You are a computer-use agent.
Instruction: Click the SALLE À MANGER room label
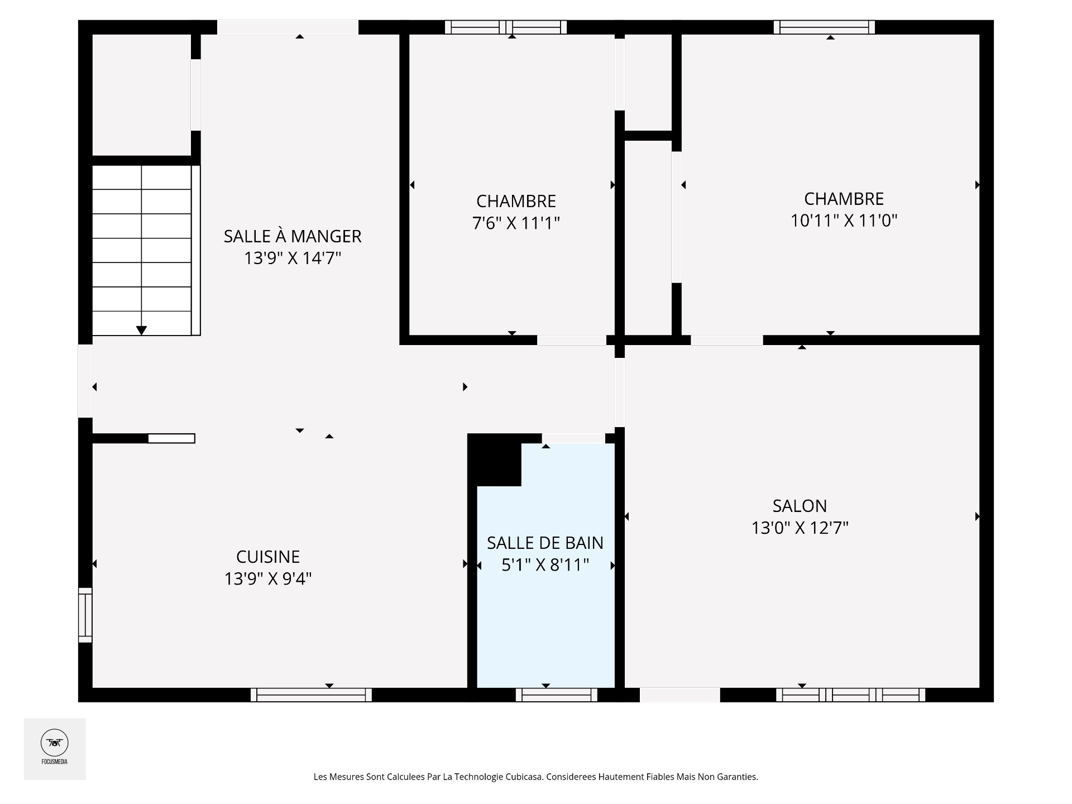click(x=293, y=236)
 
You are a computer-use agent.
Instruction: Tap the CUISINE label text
click(x=268, y=557)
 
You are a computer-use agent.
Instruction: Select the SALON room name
click(x=800, y=506)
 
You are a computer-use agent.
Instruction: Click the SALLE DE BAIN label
click(x=545, y=543)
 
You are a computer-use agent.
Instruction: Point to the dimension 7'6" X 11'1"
click(x=516, y=223)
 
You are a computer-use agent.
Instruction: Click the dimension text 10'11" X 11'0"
click(x=844, y=221)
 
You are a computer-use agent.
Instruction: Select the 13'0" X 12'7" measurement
click(x=800, y=528)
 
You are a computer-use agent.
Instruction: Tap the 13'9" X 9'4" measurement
click(x=268, y=579)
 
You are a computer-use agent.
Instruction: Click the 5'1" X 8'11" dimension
click(x=545, y=565)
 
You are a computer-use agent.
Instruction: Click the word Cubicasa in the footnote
click(x=524, y=777)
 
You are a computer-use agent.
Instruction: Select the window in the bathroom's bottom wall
click(x=557, y=695)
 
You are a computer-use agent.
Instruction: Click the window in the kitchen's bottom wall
click(x=311, y=695)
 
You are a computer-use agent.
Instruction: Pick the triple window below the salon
click(x=850, y=695)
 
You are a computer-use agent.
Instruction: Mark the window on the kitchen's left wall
click(x=85, y=615)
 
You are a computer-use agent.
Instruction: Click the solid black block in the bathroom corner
click(x=495, y=460)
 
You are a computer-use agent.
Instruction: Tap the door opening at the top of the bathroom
click(x=573, y=438)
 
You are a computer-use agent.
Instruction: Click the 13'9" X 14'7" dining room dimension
click(x=293, y=259)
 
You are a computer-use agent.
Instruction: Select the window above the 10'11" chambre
click(x=824, y=27)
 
